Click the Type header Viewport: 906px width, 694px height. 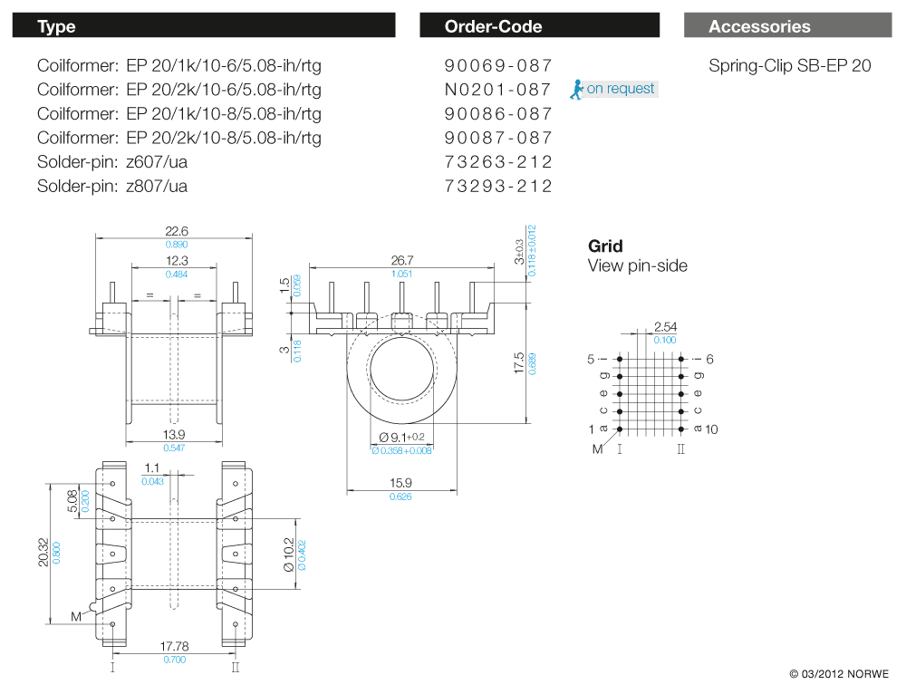click(56, 26)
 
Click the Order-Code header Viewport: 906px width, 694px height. click(493, 26)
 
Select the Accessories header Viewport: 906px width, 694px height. click(759, 26)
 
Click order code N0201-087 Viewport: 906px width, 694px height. click(498, 90)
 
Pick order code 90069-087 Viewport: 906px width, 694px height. click(498, 65)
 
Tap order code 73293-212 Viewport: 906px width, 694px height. click(498, 187)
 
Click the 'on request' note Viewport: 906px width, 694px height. click(621, 89)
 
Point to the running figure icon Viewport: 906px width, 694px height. click(576, 89)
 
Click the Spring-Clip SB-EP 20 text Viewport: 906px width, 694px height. click(789, 65)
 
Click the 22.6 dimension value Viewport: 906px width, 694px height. click(177, 231)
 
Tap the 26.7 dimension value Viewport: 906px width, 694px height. click(401, 260)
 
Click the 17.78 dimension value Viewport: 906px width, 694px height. click(176, 646)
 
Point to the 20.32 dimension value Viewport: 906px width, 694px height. click(42, 552)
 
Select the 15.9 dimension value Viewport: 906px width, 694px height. click(400, 483)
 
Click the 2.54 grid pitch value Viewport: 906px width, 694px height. click(665, 326)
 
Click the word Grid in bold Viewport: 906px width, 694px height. click(605, 246)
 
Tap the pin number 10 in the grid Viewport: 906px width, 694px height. click(711, 429)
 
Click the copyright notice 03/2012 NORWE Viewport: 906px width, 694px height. click(839, 674)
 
